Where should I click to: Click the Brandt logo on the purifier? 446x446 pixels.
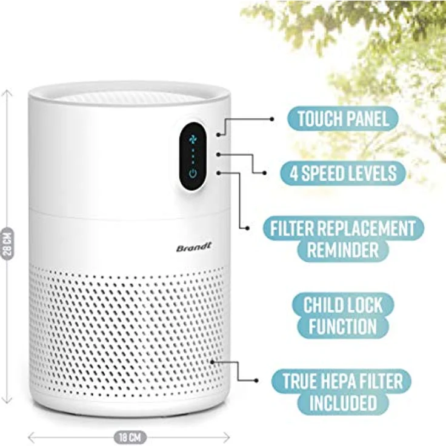(194, 247)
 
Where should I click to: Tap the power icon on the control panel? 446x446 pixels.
(193, 173)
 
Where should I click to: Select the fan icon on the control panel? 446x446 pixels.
(193, 139)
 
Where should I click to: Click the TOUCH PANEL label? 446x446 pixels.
(343, 119)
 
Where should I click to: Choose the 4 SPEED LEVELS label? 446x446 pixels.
(343, 173)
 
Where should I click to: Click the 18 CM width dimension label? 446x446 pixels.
(130, 437)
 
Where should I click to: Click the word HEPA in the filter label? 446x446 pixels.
(347, 381)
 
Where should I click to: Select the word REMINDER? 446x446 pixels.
(343, 250)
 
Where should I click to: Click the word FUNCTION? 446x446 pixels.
(343, 326)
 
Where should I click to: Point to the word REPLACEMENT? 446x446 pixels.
(366, 228)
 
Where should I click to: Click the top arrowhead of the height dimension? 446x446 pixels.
(7, 92)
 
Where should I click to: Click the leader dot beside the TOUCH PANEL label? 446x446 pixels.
(272, 119)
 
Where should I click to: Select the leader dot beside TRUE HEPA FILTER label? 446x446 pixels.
(256, 381)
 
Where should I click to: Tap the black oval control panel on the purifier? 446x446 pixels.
(193, 156)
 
